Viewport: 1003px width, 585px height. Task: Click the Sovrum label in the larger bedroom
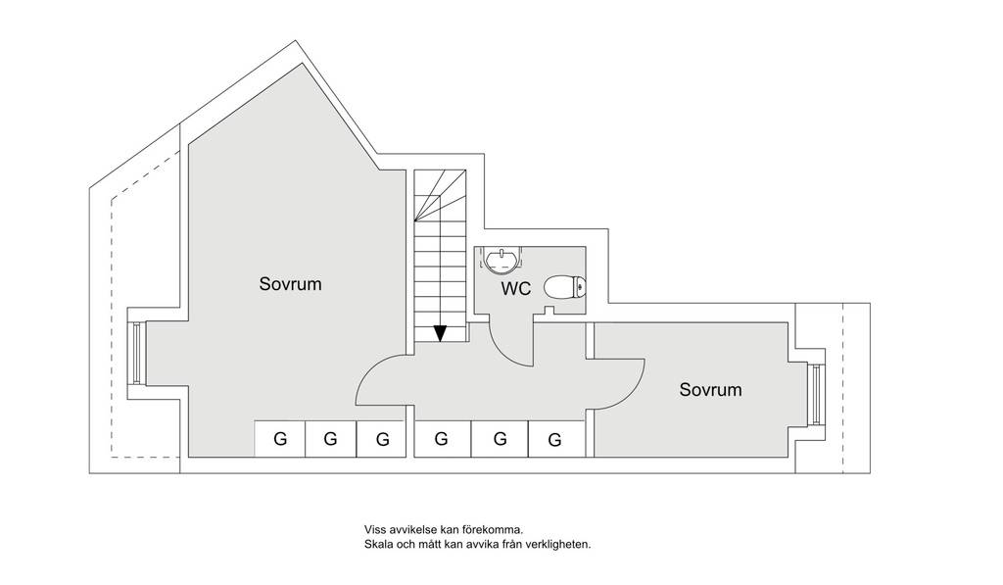[x=290, y=283]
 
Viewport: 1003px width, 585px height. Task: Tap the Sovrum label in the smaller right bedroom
[x=711, y=389]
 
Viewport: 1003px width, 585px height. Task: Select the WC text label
[x=515, y=289]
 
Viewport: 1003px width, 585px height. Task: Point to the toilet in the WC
[x=565, y=287]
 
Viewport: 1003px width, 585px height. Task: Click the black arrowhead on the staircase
[x=440, y=333]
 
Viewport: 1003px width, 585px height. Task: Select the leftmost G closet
[x=280, y=439]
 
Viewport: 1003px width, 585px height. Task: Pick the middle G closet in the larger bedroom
[x=331, y=439]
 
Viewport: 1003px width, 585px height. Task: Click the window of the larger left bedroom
[x=137, y=354]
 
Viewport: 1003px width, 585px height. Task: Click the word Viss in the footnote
[x=375, y=530]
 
